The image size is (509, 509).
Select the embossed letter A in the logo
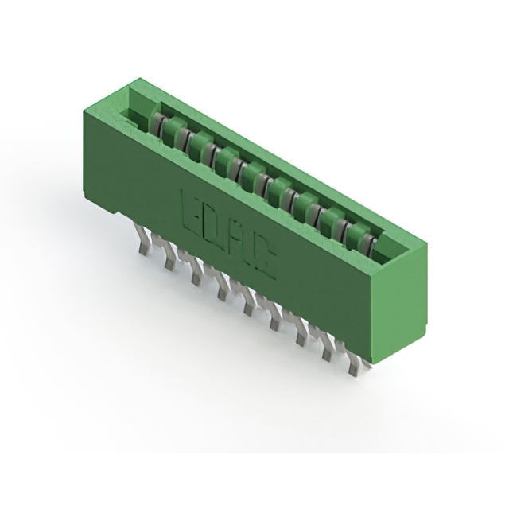pyautogui.click(x=236, y=241)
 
